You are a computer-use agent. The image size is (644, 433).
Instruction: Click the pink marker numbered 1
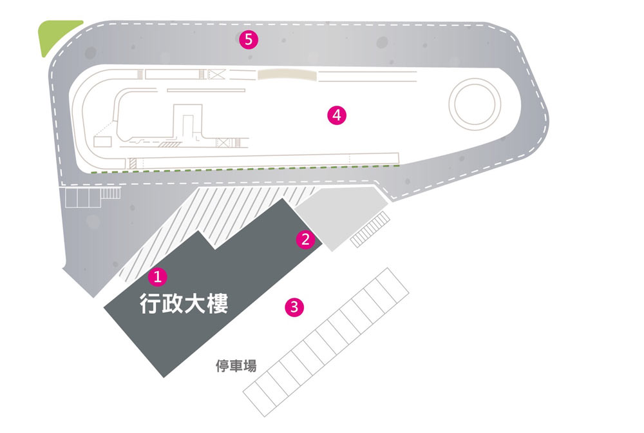tap(158, 276)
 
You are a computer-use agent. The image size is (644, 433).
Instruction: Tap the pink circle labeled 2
tap(305, 239)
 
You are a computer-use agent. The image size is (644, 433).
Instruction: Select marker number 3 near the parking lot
tap(294, 307)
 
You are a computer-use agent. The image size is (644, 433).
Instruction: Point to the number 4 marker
tap(337, 115)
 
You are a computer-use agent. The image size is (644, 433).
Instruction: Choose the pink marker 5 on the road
tap(249, 40)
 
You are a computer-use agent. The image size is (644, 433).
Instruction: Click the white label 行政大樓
tap(184, 303)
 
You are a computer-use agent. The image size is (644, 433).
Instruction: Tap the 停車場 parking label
tap(236, 365)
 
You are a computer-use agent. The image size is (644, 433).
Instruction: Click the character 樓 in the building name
tap(217, 303)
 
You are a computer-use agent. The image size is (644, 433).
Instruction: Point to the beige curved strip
tap(287, 74)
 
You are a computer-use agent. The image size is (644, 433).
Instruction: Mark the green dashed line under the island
tap(245, 169)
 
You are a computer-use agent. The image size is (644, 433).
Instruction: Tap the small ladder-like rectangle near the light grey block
tap(370, 229)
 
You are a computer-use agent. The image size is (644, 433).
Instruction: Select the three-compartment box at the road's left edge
tap(82, 198)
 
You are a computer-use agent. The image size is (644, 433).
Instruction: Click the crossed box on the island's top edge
tap(217, 74)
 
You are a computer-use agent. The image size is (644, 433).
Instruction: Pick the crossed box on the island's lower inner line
tap(222, 142)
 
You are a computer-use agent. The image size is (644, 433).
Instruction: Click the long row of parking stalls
tap(326, 342)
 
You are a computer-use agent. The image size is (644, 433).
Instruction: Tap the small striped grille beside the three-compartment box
tap(111, 193)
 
